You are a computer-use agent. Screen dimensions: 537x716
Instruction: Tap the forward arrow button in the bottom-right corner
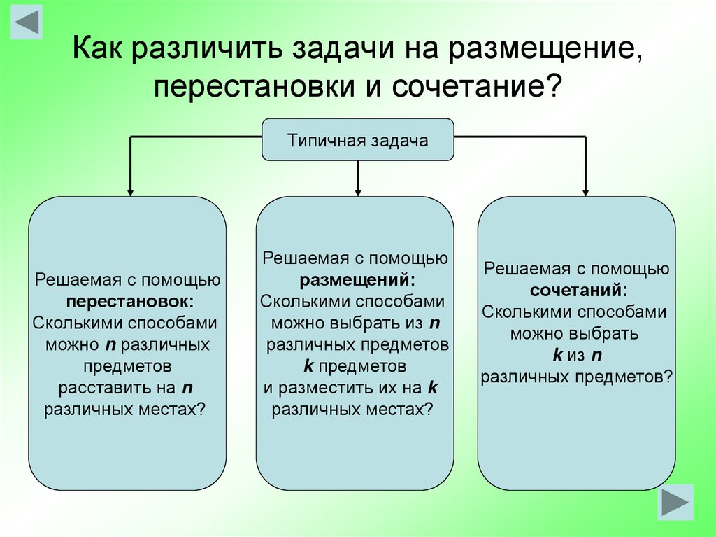point(675,502)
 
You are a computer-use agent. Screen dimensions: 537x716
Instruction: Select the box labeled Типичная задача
point(357,140)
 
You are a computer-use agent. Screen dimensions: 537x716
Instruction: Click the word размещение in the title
point(540,50)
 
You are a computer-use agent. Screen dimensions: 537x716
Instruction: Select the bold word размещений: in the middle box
point(357,280)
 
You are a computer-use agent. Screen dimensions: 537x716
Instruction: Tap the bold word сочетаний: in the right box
point(578,290)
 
